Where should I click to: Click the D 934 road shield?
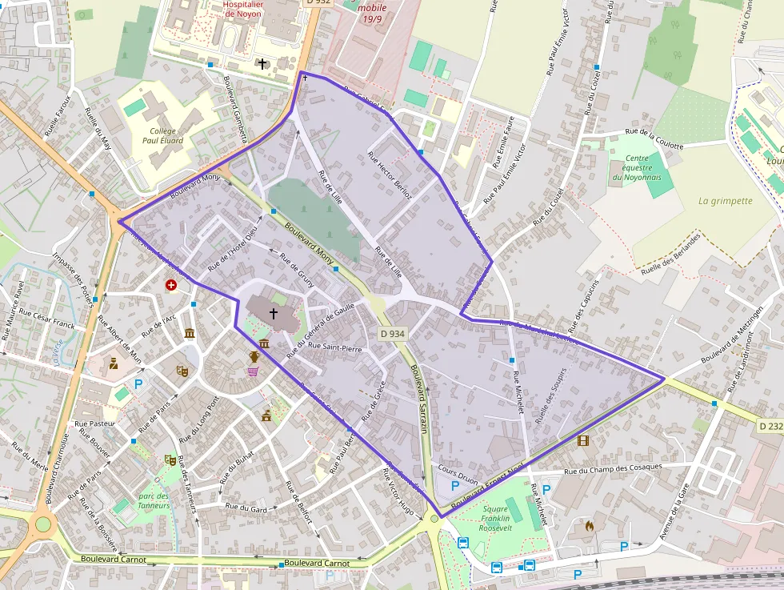(392, 334)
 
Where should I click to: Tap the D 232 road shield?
(770, 427)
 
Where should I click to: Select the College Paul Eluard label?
(162, 135)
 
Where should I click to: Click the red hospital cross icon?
(171, 285)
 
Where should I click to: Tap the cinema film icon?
(582, 440)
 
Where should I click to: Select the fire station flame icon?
(590, 526)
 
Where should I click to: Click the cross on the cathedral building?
(274, 313)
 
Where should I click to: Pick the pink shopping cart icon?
(253, 371)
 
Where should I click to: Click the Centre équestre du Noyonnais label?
(638, 167)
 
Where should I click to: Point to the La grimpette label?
(725, 201)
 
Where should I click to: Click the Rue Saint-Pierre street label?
(335, 347)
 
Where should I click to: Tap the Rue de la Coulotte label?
(654, 139)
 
